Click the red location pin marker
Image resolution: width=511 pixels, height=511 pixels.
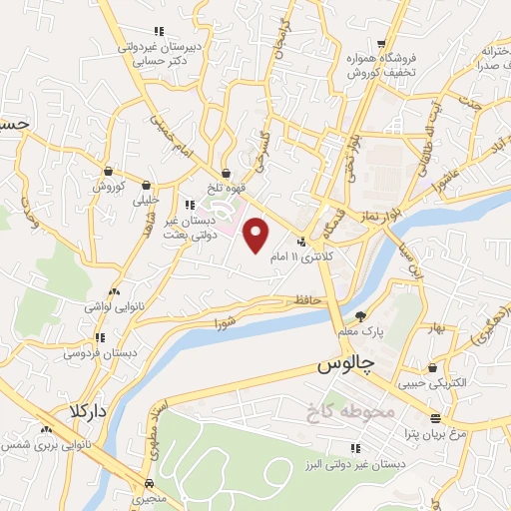click(257, 236)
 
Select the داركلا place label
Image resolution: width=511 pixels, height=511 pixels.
click(88, 411)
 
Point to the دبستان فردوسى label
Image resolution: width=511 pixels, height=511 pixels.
click(95, 352)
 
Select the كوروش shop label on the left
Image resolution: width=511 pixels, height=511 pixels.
click(107, 187)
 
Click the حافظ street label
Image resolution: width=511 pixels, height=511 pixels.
click(305, 298)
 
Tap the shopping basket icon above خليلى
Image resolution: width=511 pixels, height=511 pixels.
click(148, 184)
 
